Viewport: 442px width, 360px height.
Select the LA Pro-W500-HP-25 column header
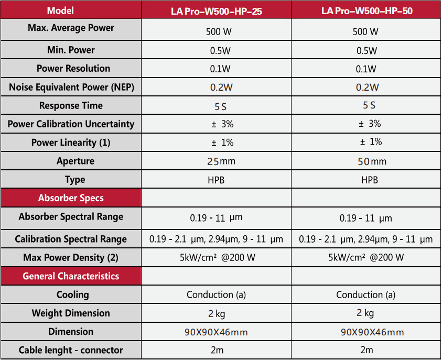pyautogui.click(x=216, y=10)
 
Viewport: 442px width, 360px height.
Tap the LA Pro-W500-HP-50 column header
pyautogui.click(x=366, y=10)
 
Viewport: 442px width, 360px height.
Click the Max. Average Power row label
pyautogui.click(x=71, y=28)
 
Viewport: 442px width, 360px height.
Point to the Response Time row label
pyautogui.click(x=71, y=106)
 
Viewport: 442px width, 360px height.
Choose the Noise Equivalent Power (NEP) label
pyautogui.click(x=71, y=88)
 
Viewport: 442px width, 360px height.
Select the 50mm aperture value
pyautogui.click(x=372, y=161)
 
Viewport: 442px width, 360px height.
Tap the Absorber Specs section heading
pyautogui.click(x=71, y=198)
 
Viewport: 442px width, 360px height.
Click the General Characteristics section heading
pyautogui.click(x=71, y=276)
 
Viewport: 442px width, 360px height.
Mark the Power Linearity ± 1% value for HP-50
pyautogui.click(x=370, y=142)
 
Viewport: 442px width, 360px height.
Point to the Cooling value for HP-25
pyautogui.click(x=216, y=294)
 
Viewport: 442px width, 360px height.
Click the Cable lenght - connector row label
pyautogui.click(x=71, y=350)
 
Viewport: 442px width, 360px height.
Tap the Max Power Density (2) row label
pyautogui.click(x=71, y=257)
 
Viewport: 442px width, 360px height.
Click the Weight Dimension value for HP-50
pyautogui.click(x=365, y=313)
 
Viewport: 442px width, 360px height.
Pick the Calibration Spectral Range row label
pyautogui.click(x=71, y=239)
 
